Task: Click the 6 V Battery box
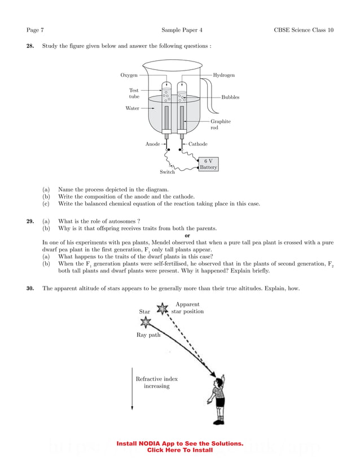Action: [x=208, y=164]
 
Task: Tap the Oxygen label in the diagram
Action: [x=129, y=75]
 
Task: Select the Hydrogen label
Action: [x=224, y=75]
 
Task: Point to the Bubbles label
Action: [x=230, y=97]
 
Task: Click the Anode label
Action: [x=152, y=144]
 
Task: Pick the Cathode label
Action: [x=198, y=144]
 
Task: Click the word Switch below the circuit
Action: [x=167, y=172]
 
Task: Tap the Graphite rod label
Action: [x=220, y=125]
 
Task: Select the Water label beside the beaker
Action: [x=132, y=108]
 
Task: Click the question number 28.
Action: [x=30, y=46]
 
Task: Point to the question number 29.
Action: [x=30, y=221]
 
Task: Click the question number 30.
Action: [x=30, y=288]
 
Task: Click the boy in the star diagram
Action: [x=218, y=399]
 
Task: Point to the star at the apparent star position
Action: [x=163, y=308]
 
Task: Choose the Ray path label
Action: [x=148, y=335]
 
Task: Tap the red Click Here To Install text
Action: [x=179, y=450]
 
